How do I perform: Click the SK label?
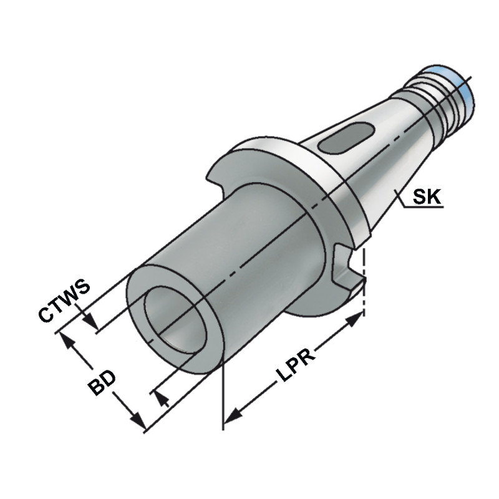(x=427, y=198)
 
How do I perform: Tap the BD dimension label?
(x=101, y=382)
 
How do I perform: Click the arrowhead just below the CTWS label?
(x=90, y=322)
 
